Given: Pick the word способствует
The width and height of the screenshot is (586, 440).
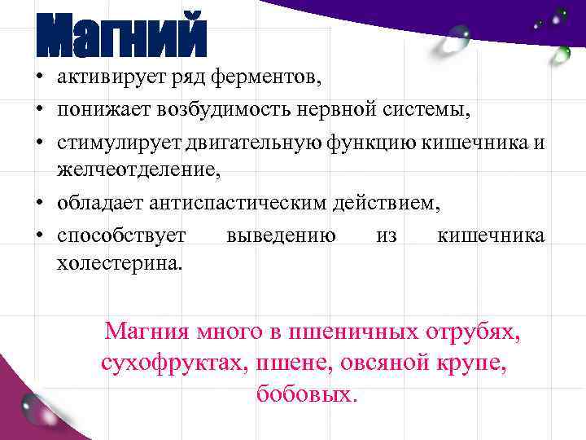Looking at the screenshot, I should point(121,235).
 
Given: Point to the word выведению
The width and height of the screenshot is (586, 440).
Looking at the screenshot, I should point(282,235).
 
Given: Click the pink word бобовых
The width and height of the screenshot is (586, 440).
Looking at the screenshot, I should point(306,394).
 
